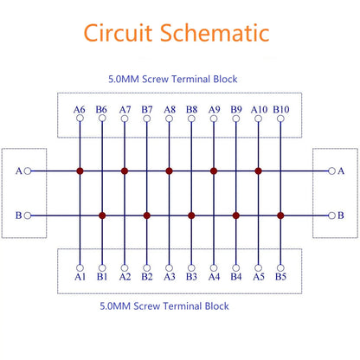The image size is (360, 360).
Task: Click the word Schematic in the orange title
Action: (215, 33)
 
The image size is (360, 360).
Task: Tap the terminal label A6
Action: (80, 110)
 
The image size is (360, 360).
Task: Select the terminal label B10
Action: (281, 110)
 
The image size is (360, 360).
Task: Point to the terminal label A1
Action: (80, 277)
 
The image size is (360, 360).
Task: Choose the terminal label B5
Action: (280, 277)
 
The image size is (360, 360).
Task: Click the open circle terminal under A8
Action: (170, 119)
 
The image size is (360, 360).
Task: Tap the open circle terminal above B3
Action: (191, 268)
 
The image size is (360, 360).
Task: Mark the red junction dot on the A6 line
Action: (80, 171)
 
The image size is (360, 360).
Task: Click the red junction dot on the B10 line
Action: (280, 215)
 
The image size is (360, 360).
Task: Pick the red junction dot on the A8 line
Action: (170, 171)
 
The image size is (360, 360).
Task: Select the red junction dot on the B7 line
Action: (147, 215)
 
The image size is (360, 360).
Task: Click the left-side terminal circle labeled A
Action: (28, 171)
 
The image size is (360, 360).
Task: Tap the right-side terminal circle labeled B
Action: (332, 215)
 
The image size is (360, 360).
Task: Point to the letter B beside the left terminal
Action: (18, 215)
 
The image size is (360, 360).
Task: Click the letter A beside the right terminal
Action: (341, 171)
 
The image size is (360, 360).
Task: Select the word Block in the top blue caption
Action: (225, 79)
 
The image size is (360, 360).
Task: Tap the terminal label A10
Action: (259, 110)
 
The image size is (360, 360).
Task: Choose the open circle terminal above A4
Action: (214, 268)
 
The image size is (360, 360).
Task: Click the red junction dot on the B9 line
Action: (236, 215)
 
